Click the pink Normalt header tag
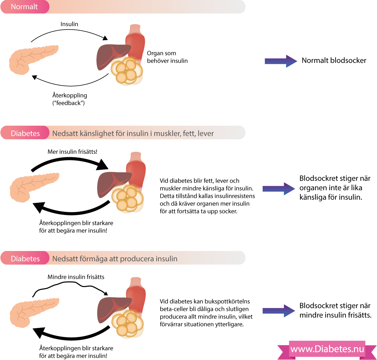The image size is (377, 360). pyautogui.click(x=25, y=7)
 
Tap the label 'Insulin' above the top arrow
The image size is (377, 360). pyautogui.click(x=69, y=24)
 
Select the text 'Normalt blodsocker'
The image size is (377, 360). pyautogui.click(x=334, y=60)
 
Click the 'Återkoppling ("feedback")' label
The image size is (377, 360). pyautogui.click(x=69, y=99)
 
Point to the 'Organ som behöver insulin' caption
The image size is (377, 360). pyautogui.click(x=167, y=57)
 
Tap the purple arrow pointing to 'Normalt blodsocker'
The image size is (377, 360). pyautogui.click(x=281, y=61)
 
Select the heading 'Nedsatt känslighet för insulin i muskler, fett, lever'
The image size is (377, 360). pyautogui.click(x=133, y=133)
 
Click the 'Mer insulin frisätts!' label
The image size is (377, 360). pyautogui.click(x=72, y=152)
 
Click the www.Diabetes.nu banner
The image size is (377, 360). pyautogui.click(x=327, y=349)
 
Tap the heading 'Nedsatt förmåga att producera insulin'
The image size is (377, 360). pyautogui.click(x=115, y=259)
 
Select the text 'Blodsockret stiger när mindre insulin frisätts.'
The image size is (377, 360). pyautogui.click(x=335, y=310)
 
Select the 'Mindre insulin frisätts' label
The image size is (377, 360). pyautogui.click(x=76, y=277)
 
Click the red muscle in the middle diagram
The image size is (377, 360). pyautogui.click(x=136, y=170)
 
